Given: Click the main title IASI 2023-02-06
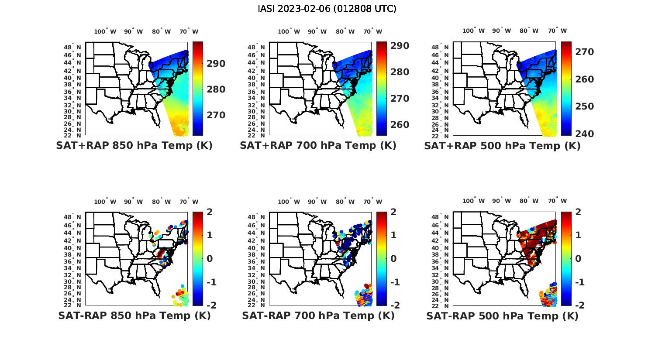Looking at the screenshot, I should click(327, 9).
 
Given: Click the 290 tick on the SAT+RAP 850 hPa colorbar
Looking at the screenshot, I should click(216, 64).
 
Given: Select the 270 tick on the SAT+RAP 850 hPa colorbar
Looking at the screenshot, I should click(216, 115).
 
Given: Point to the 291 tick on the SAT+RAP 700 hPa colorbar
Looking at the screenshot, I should click(400, 46).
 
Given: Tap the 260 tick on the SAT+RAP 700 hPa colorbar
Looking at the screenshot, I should click(400, 125).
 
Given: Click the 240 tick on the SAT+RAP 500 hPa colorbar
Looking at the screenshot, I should click(584, 134).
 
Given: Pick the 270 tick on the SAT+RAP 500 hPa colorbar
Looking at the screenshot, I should click(584, 52).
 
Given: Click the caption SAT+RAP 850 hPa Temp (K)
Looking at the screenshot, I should click(134, 146).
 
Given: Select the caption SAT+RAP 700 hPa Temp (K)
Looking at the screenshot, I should click(318, 146).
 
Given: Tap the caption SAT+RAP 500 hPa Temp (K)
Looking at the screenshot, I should click(502, 146).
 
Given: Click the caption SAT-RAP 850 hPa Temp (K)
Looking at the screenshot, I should click(134, 315).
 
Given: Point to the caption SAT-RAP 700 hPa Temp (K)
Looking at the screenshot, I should click(318, 315).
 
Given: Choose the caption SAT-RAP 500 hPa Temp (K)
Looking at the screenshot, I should click(502, 316).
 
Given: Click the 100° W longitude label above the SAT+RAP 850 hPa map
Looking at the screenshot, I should click(105, 31).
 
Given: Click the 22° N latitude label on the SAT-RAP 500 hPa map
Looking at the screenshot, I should click(444, 305).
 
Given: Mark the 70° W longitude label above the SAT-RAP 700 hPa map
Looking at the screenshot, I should click(372, 202).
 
